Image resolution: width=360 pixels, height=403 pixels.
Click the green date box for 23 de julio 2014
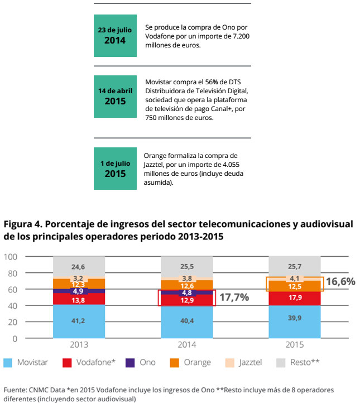click(x=115, y=35)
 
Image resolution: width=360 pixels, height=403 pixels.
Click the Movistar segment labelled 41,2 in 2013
click(x=79, y=322)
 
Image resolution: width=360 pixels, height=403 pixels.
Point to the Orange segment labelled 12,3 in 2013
click(x=79, y=284)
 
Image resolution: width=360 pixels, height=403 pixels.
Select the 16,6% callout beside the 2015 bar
click(x=340, y=282)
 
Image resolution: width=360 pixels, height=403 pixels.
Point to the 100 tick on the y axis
click(x=11, y=257)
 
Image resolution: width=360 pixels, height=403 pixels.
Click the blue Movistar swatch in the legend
click(x=8, y=363)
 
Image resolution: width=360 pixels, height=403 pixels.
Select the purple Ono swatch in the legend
click(x=129, y=363)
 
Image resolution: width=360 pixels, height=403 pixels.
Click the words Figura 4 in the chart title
click(x=23, y=224)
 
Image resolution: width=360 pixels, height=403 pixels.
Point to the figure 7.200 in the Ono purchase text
click(x=238, y=36)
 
